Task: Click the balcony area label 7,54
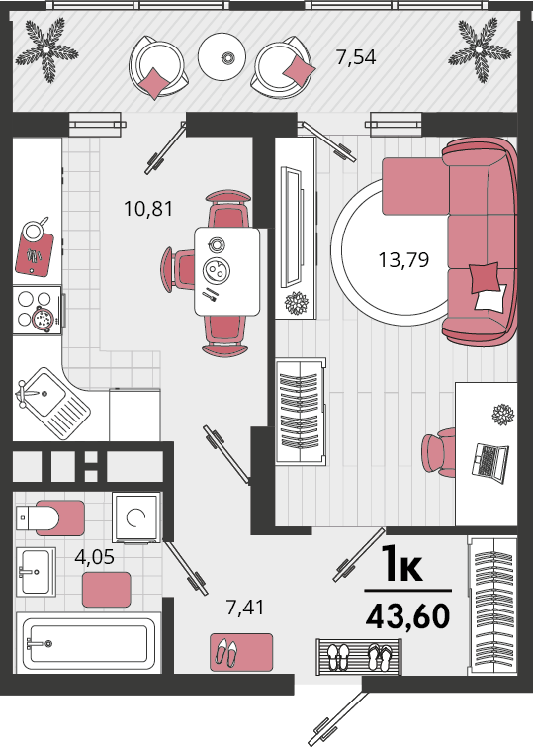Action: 356,57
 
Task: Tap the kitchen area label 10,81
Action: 148,209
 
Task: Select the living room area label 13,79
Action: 403,260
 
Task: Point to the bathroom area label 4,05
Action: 95,557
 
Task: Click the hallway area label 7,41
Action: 245,608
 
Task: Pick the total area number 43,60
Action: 407,615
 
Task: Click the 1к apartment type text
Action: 402,565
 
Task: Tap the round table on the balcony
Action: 222,56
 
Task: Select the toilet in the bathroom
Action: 50,517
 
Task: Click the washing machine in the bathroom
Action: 136,517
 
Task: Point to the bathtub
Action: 86,643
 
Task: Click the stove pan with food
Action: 44,319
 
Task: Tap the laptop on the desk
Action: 489,462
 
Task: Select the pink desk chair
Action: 438,452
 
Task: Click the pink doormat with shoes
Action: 241,652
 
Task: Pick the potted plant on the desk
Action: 503,415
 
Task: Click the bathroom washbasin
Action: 36,572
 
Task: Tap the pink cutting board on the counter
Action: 34,254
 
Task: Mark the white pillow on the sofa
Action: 491,298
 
